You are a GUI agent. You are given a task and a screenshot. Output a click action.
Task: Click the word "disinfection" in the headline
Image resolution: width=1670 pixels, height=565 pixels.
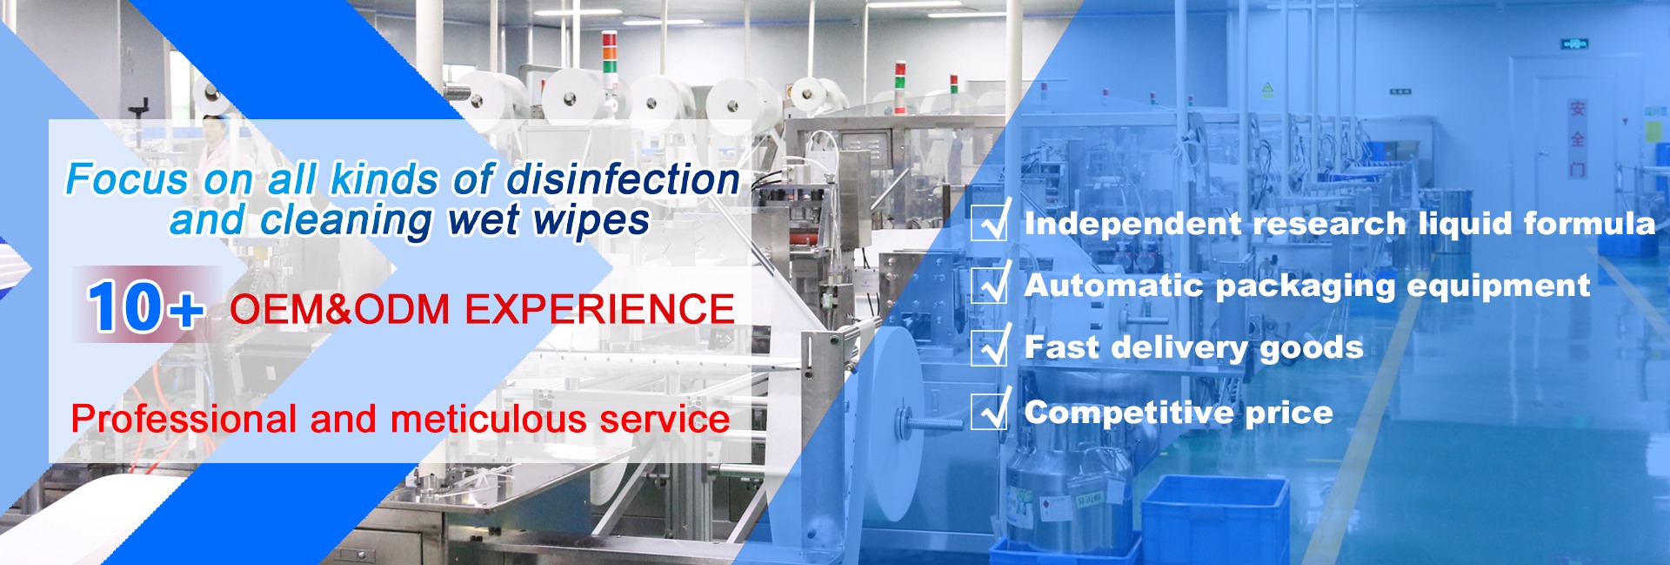pos(624,180)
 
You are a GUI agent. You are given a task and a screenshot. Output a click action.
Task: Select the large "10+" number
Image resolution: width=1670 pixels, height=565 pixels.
pos(145,306)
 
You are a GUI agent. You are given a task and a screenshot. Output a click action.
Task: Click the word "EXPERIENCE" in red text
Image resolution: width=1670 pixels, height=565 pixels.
pos(600,310)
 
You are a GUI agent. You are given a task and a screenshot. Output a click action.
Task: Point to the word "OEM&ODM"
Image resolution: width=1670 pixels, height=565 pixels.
pos(339,310)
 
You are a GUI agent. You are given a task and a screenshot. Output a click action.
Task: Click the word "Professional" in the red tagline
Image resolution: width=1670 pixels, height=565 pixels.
pos(184,420)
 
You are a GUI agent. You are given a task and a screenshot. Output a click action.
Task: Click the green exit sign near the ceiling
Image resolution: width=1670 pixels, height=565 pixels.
pos(1574,44)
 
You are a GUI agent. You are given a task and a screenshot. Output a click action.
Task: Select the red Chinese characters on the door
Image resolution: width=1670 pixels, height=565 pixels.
pos(1577,138)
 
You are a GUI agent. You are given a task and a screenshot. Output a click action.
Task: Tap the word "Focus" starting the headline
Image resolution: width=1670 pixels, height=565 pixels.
pos(127,180)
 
